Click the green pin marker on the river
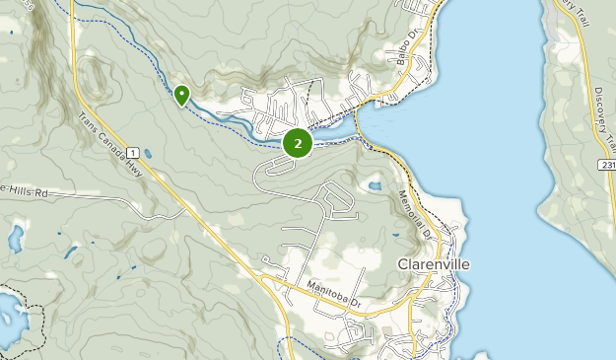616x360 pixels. [181, 95]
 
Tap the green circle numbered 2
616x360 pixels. [298, 143]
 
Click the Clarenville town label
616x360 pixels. [433, 264]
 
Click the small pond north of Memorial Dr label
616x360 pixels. [375, 185]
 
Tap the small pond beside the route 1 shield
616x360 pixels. [147, 154]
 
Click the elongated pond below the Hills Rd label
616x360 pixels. [16, 238]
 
